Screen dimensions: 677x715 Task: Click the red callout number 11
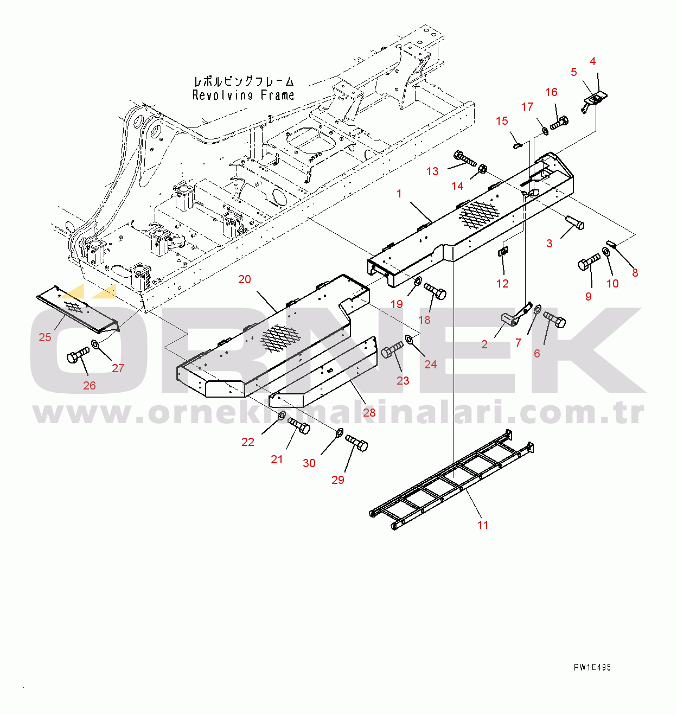(483, 525)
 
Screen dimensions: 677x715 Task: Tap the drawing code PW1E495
(592, 667)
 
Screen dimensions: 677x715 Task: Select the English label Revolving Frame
(243, 95)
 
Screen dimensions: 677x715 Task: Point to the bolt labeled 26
(78, 354)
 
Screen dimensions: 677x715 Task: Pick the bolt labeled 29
(356, 443)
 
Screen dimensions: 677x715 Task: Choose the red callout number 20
(245, 279)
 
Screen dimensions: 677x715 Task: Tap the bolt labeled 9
(589, 262)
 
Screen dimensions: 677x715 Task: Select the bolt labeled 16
(559, 123)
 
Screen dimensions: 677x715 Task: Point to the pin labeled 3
(575, 222)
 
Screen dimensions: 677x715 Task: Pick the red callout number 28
(369, 412)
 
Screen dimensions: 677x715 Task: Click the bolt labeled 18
(435, 291)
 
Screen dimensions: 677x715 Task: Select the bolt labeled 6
(554, 320)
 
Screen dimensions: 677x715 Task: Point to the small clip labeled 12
(502, 251)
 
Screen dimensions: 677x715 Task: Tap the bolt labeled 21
(299, 426)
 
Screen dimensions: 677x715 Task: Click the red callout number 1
(399, 194)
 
